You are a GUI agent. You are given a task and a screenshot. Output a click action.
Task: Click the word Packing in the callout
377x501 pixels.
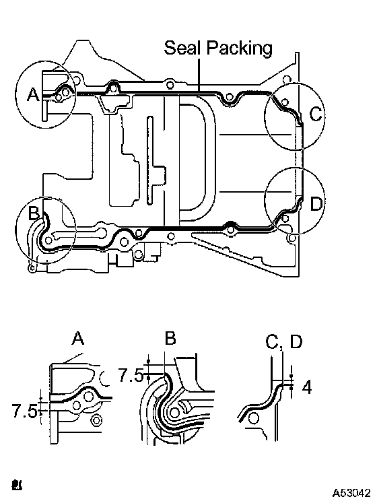240,48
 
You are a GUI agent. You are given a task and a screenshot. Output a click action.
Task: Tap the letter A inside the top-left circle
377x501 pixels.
33,94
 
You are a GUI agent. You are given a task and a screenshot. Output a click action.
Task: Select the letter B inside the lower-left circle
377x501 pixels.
34,213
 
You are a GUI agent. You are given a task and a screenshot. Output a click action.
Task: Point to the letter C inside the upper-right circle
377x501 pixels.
316,114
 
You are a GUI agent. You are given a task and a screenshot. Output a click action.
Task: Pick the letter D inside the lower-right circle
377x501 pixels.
316,203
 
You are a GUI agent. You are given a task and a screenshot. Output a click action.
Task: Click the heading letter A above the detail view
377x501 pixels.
77,338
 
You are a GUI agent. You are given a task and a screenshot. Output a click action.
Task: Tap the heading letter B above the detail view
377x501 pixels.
170,338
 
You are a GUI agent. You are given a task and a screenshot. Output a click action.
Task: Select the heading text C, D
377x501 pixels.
283,342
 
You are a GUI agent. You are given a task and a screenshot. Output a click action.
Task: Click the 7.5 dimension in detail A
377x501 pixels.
24,411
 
